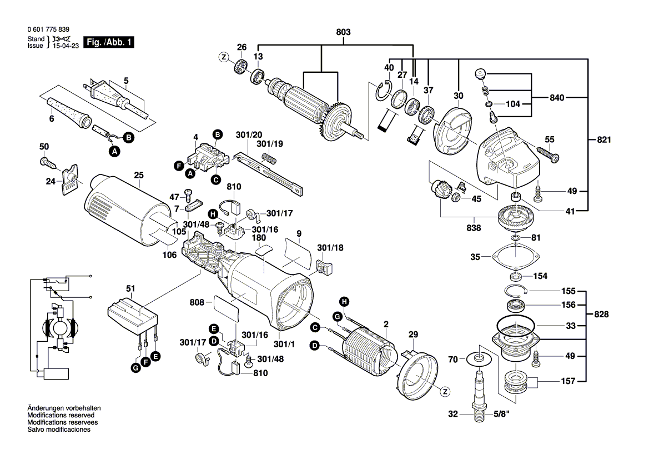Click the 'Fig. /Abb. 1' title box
[109, 42]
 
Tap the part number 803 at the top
[344, 33]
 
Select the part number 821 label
[603, 140]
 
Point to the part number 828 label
[601, 314]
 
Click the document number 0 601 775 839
[48, 29]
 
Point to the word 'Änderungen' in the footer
[44, 408]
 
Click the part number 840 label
[557, 98]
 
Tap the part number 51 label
[130, 288]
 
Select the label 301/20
[248, 135]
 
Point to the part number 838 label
[473, 227]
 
